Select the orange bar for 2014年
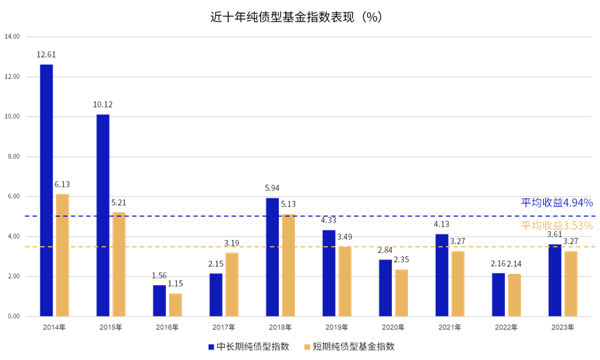(62, 255)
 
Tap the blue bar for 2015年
(103, 214)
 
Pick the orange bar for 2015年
(119, 264)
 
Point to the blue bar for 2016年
(160, 300)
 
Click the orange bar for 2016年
(175, 305)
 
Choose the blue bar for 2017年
(216, 295)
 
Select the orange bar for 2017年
(232, 284)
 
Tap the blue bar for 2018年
(273, 257)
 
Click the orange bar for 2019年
(345, 281)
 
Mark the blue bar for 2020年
(386, 288)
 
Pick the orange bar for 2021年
(458, 283)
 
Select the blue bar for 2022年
(499, 294)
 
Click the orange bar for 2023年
(571, 283)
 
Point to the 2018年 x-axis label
(280, 327)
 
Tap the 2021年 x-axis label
(449, 327)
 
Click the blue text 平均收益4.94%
(557, 203)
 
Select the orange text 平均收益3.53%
(557, 225)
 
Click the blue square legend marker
(212, 347)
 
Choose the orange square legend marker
(307, 347)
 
